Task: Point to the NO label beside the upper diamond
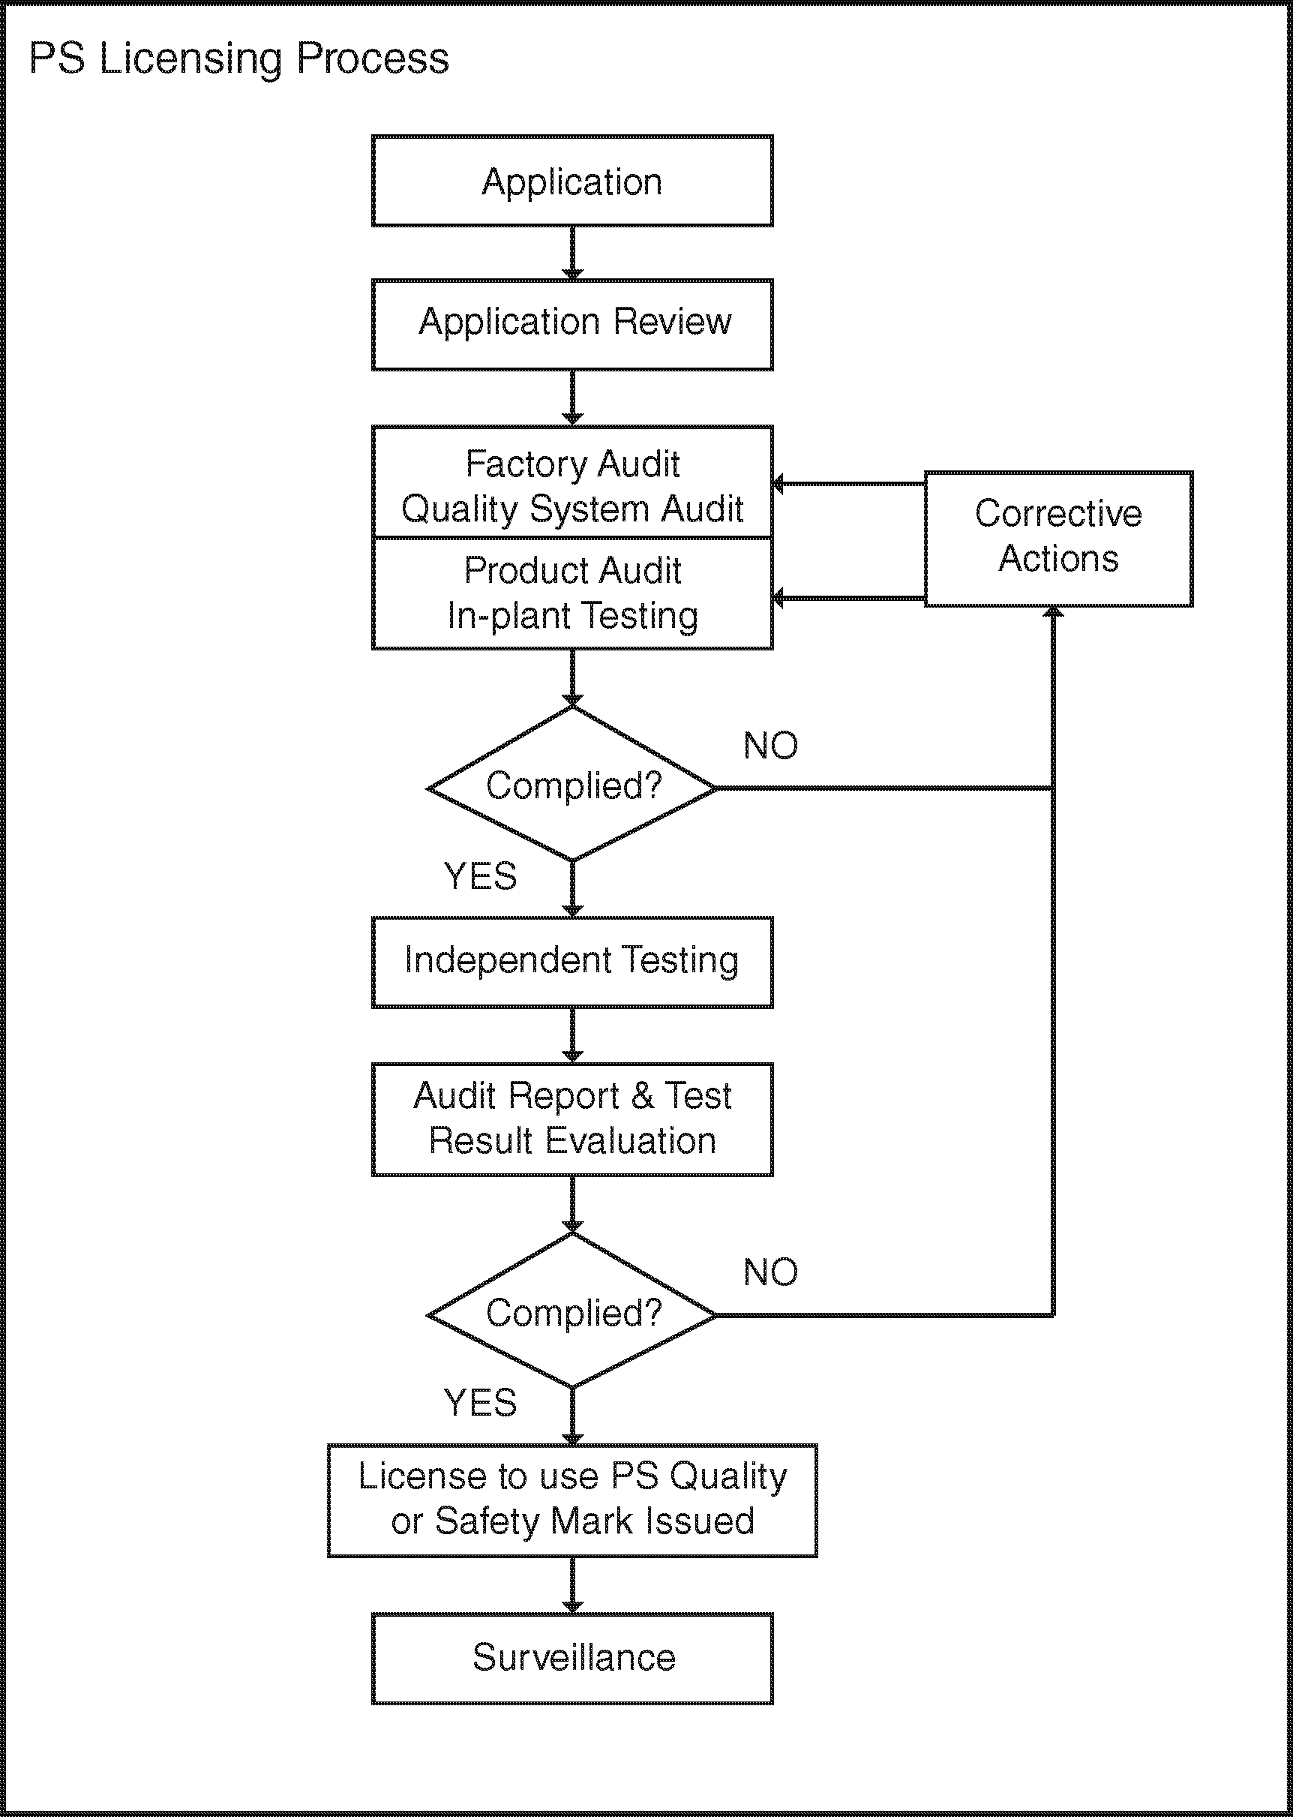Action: coord(771,746)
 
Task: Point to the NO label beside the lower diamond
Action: coord(771,1272)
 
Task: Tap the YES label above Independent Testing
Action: coord(480,875)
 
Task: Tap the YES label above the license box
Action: coord(480,1402)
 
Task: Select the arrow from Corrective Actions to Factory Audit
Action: coord(849,483)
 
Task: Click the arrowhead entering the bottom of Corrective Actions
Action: coord(1053,612)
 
